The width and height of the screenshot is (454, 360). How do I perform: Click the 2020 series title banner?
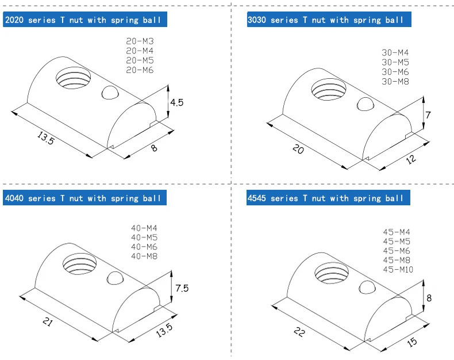[x=86, y=20]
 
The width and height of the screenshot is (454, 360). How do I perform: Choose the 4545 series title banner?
[x=326, y=198]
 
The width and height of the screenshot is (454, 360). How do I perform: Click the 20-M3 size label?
[x=140, y=41]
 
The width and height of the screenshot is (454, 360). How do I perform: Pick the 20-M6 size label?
[x=140, y=70]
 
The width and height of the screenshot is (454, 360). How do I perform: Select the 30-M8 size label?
[x=395, y=81]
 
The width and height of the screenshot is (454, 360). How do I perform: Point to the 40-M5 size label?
[x=144, y=238]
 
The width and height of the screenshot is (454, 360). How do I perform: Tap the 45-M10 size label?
[x=398, y=270]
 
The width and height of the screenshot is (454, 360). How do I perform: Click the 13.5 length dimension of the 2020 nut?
[x=45, y=139]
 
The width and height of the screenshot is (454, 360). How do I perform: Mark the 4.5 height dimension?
[x=176, y=102]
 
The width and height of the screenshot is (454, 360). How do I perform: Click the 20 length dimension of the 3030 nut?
[x=298, y=149]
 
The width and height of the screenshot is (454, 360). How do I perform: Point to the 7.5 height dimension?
[x=182, y=288]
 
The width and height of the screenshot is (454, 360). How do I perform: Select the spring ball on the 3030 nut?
[x=365, y=104]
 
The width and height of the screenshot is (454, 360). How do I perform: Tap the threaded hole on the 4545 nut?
[x=330, y=271]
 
